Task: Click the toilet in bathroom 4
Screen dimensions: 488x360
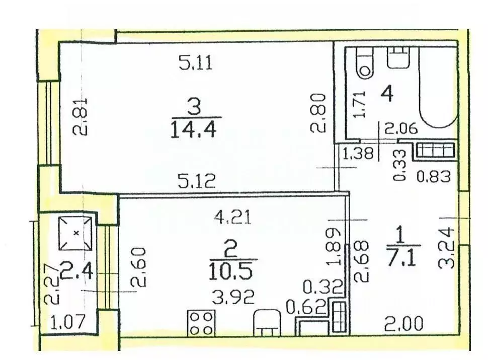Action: pos(365,63)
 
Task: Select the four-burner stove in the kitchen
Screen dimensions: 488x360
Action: pos(201,323)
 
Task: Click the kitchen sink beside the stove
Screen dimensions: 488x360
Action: pos(267,323)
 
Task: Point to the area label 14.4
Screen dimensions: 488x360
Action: pos(193,130)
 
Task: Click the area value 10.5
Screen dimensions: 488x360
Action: pos(230,271)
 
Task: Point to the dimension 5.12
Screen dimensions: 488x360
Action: pos(197,181)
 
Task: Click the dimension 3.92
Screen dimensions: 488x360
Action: pos(233,297)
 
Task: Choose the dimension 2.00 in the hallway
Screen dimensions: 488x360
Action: pos(403,324)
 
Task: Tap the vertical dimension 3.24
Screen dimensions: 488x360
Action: pos(446,248)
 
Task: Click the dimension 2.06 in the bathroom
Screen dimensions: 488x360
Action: pos(401,128)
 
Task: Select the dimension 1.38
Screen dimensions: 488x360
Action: pos(358,154)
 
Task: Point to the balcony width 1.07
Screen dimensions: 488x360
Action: pos(67,322)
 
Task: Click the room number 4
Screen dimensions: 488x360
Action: pos(387,94)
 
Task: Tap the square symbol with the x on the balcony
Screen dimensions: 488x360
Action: pos(75,233)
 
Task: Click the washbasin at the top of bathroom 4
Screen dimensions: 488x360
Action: pos(398,57)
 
